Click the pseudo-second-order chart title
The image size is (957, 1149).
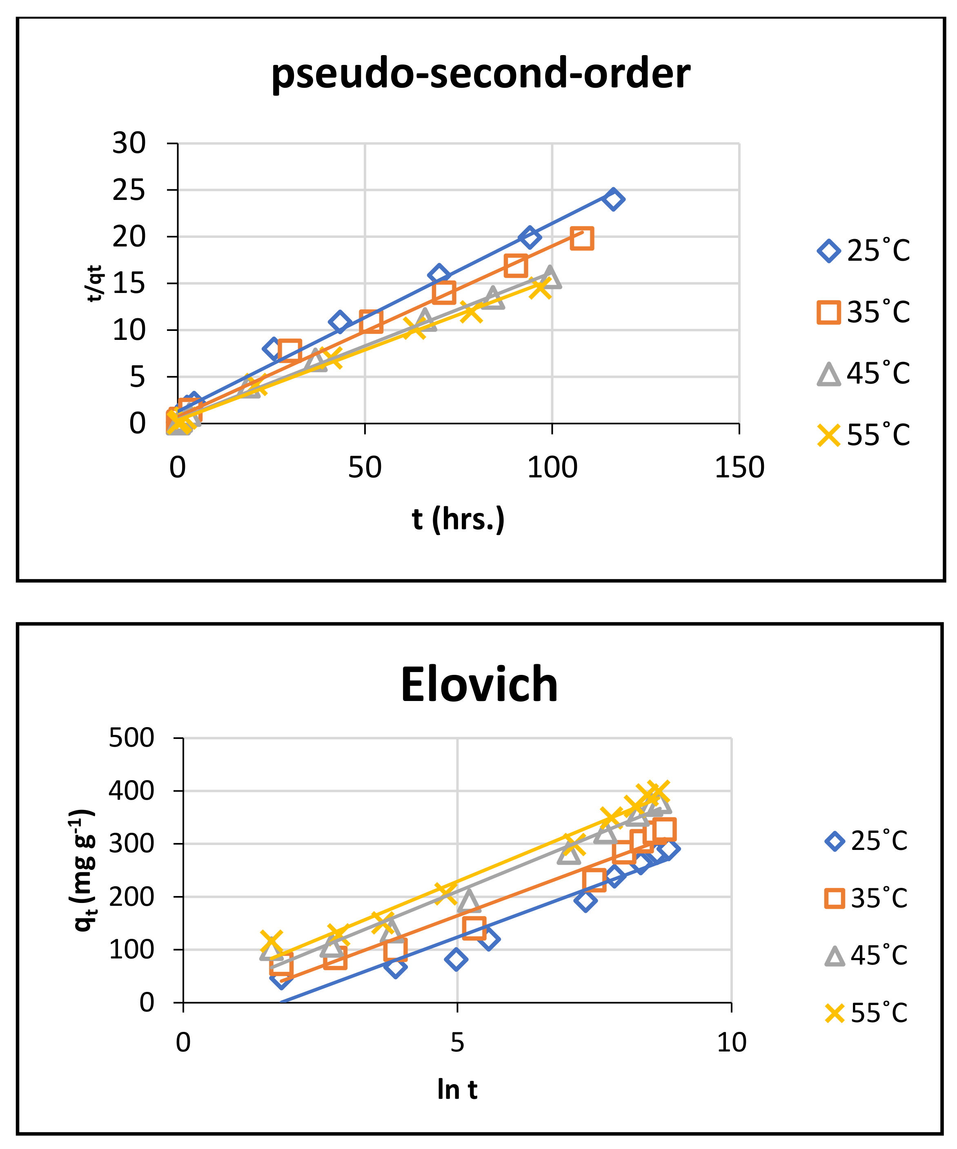point(480,73)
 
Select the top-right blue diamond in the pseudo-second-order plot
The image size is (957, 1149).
point(613,199)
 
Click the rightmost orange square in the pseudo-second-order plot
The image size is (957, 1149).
point(581,239)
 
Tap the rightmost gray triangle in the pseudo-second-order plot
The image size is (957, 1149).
point(549,277)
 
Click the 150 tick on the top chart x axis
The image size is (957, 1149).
point(739,468)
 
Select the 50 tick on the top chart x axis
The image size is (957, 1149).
point(365,468)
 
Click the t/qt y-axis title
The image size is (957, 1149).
point(95,284)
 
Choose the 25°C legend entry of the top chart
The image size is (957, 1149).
point(864,251)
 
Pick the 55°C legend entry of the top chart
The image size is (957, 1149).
point(864,435)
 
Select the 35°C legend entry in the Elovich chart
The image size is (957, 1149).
point(866,898)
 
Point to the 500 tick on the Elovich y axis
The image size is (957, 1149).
point(131,738)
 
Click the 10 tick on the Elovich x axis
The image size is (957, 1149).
point(732,1043)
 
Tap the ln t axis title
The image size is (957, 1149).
point(457,1089)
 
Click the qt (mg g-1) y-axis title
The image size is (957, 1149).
point(84,870)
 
